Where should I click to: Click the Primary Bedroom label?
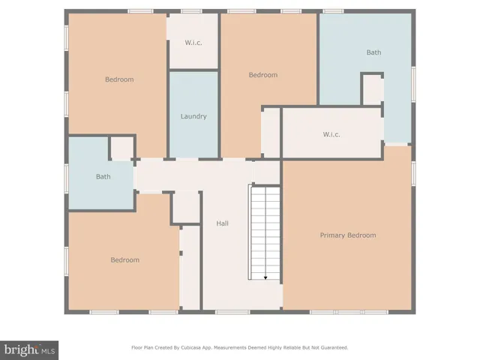[x=347, y=235]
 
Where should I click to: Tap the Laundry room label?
[x=193, y=116]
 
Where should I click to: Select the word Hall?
[x=223, y=223]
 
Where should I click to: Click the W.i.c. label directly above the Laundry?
[x=193, y=42]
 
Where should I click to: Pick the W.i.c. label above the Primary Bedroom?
[x=331, y=134]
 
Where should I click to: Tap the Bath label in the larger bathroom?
[x=373, y=52]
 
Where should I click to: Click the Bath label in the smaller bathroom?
[x=103, y=177]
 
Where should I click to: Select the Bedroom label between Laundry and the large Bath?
[x=263, y=75]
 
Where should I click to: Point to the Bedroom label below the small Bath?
[x=124, y=260]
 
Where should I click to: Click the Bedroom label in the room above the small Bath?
[x=118, y=79]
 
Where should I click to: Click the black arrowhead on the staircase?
[x=265, y=277]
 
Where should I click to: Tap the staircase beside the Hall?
[x=264, y=232]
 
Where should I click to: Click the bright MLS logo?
[x=29, y=350]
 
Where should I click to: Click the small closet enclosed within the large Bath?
[x=372, y=90]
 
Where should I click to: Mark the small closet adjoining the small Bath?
[x=121, y=148]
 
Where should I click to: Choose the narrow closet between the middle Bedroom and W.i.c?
[x=271, y=133]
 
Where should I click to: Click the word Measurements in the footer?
[x=238, y=348]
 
